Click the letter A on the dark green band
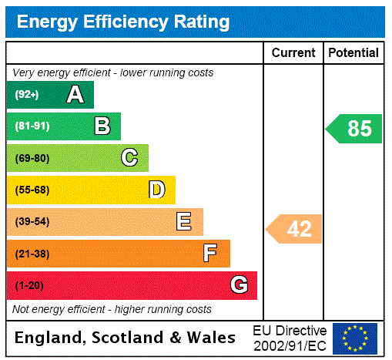tap(75, 95)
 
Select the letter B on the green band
tap(102, 126)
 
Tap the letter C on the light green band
tap(129, 158)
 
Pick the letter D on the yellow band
tap(157, 190)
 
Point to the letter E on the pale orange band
tap(184, 222)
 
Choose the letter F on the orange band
tap(210, 254)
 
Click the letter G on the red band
tap(239, 286)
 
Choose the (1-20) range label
tap(29, 286)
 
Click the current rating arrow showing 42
tap(295, 229)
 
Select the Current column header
tap(293, 53)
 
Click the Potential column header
tap(353, 53)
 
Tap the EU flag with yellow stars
tap(355, 338)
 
